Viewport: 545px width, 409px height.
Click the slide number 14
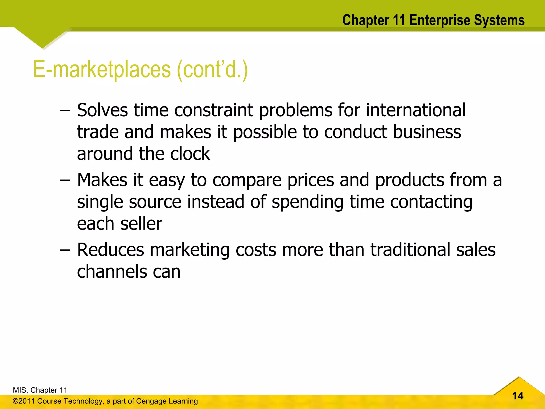[518, 396]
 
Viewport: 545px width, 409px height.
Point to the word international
[416, 110]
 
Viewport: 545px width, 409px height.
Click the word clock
[190, 154]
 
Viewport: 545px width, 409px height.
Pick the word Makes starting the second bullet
[102, 180]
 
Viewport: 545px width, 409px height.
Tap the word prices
[311, 180]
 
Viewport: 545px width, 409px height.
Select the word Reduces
[110, 250]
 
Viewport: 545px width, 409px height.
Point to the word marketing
[190, 251]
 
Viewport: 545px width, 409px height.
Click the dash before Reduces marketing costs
[65, 251]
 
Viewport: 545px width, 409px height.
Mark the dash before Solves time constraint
[65, 111]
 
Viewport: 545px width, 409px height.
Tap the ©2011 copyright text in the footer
[24, 401]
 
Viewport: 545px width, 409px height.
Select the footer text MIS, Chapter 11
[40, 390]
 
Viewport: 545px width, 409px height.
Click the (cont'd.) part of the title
[212, 69]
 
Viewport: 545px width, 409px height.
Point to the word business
[427, 132]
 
